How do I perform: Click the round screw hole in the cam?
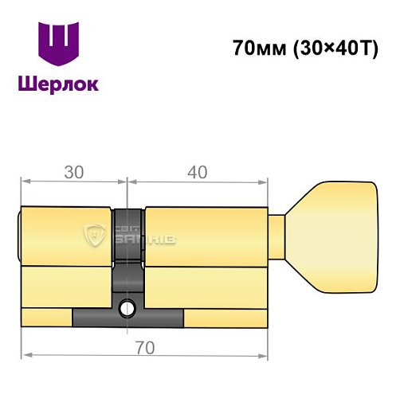click(x=127, y=306)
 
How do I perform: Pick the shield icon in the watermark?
click(x=96, y=236)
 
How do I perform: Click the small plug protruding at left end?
click(x=21, y=234)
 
